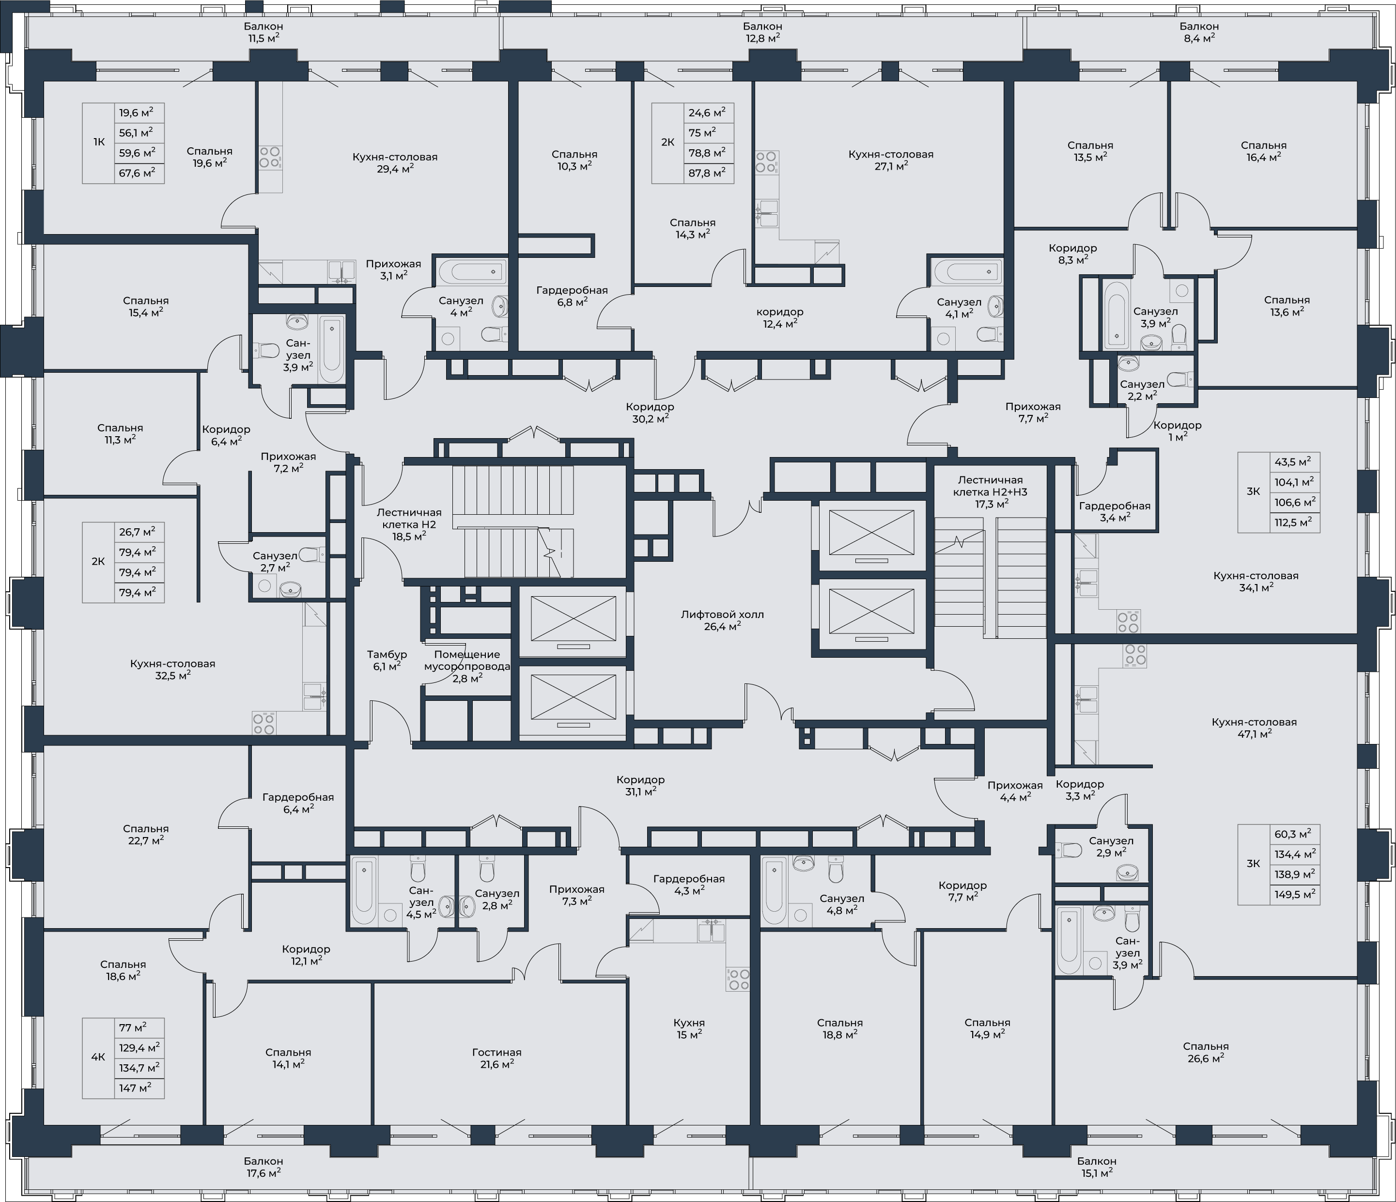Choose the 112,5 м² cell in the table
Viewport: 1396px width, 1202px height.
pos(1293,522)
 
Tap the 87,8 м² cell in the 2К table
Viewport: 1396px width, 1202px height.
pos(710,173)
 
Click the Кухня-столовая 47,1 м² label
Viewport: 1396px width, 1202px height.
pos(1254,728)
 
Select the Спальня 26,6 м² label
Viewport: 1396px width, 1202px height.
pos(1205,1052)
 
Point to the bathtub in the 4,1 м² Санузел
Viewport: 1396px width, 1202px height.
pos(967,272)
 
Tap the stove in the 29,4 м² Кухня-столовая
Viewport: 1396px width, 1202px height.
pos(270,157)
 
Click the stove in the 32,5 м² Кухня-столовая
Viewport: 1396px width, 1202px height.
pos(264,723)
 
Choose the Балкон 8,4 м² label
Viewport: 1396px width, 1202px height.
pos(1199,32)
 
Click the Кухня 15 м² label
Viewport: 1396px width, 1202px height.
pos(689,1028)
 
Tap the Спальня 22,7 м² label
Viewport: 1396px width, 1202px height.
pos(145,834)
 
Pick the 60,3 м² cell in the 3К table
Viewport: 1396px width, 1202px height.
pos(1293,834)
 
